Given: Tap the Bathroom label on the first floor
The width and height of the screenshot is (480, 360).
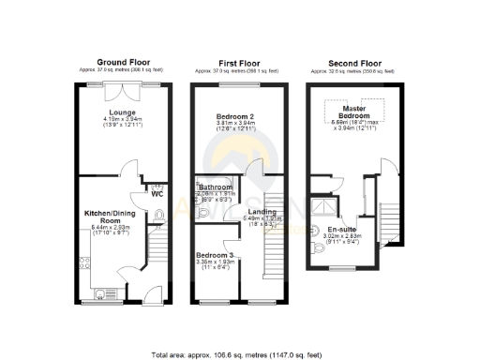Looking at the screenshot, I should pyautogui.click(x=215, y=187).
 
